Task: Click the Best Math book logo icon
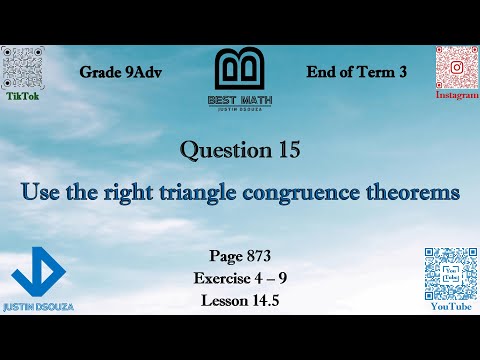239,73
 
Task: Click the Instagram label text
456,95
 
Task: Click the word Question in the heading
223,151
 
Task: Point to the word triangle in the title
202,191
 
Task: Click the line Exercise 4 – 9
239,277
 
